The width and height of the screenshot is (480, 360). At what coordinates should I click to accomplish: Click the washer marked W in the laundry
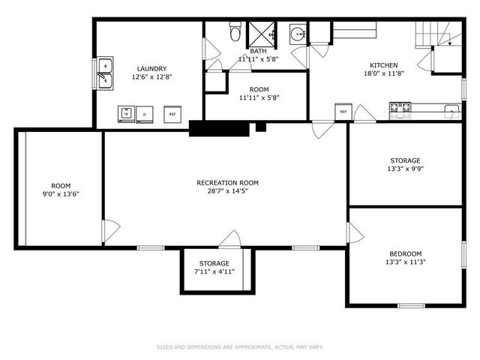[127, 115]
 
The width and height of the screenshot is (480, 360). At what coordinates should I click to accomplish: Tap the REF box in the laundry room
[172, 115]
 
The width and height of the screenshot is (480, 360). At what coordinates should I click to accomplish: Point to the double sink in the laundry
[106, 72]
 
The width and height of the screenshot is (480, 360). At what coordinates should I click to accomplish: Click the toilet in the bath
[235, 33]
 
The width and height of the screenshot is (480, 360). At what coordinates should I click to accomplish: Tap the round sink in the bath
[298, 34]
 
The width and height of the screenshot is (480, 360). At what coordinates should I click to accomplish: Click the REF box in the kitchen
[343, 112]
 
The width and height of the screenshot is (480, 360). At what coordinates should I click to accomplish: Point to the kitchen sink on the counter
[451, 111]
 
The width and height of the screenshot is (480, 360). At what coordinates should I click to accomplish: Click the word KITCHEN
[382, 65]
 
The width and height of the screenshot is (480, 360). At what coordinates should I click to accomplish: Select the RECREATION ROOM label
[227, 182]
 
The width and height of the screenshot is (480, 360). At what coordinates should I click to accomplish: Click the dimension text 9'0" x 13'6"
[61, 194]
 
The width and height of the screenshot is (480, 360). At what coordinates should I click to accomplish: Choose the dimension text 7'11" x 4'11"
[214, 271]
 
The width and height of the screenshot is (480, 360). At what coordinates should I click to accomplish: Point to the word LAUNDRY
[146, 68]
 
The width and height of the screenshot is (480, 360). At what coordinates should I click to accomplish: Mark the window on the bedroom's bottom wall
[411, 305]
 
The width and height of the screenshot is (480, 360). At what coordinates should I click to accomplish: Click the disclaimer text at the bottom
[240, 347]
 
